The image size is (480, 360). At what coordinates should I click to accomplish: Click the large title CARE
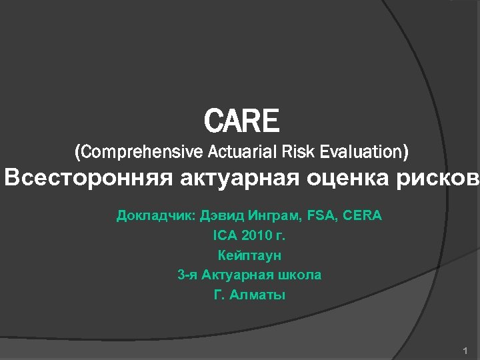(241, 121)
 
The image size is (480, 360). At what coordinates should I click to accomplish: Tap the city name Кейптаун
(249, 255)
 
